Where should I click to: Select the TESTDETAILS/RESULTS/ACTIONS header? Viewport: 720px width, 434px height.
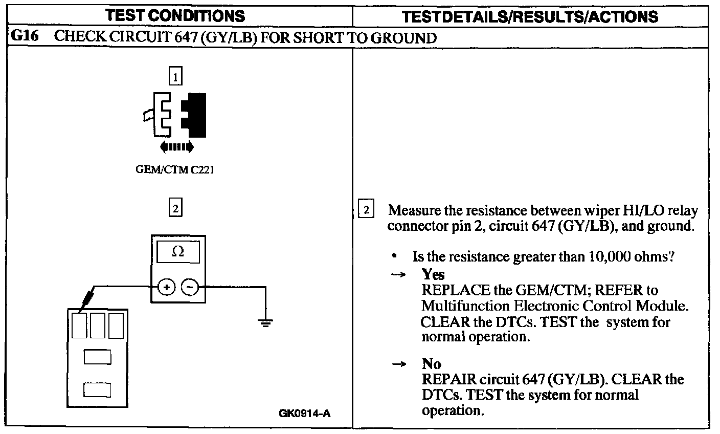point(530,16)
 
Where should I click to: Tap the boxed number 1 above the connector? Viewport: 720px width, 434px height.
point(175,77)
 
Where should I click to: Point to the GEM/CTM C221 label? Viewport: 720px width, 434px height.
point(174,170)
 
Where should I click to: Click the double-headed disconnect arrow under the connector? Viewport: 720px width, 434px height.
point(176,147)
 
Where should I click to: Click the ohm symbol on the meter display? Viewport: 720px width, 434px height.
point(178,251)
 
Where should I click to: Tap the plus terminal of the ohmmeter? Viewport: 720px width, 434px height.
point(166,288)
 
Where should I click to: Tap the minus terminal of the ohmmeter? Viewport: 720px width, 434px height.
point(190,288)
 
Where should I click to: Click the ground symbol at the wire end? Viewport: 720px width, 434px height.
point(265,322)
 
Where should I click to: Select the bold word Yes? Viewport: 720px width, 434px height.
point(433,274)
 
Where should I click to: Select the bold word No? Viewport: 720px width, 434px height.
point(432,363)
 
